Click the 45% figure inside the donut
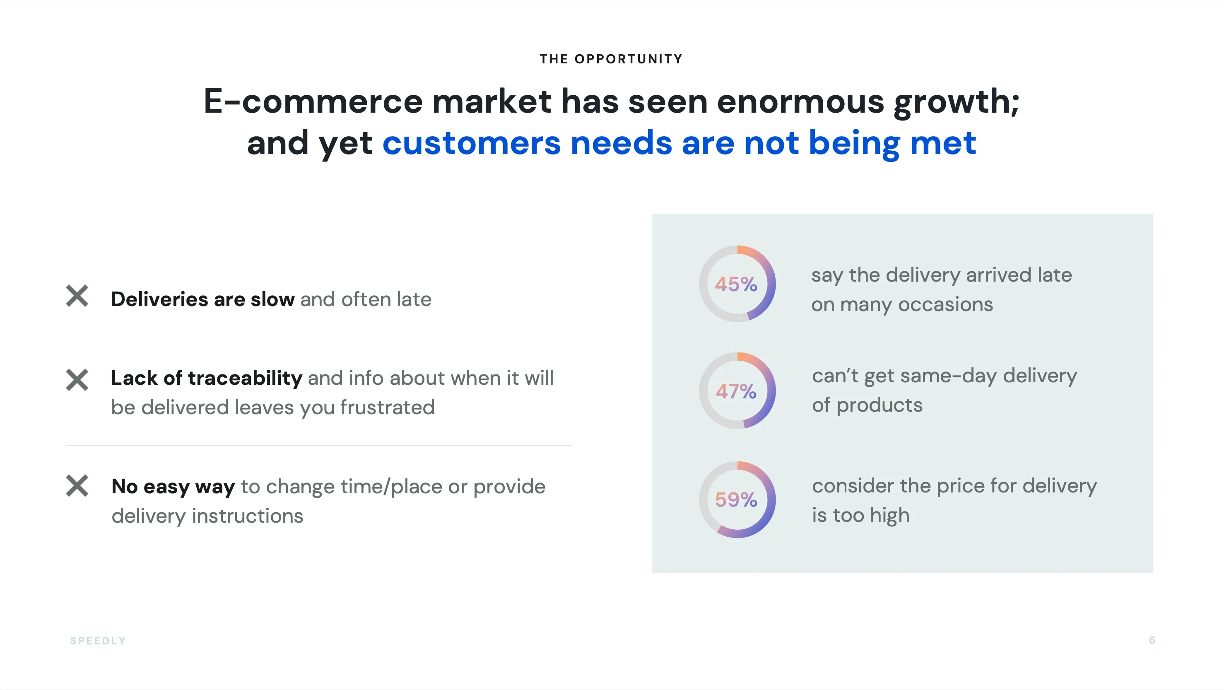point(736,284)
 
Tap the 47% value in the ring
point(736,391)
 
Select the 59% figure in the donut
point(736,499)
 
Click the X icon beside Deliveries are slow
point(77,296)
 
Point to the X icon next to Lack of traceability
point(77,380)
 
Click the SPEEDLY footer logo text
point(98,641)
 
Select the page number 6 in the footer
point(1152,640)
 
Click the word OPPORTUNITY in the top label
point(628,59)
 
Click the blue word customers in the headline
point(471,142)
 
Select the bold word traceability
point(245,378)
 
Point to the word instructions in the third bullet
point(247,516)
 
